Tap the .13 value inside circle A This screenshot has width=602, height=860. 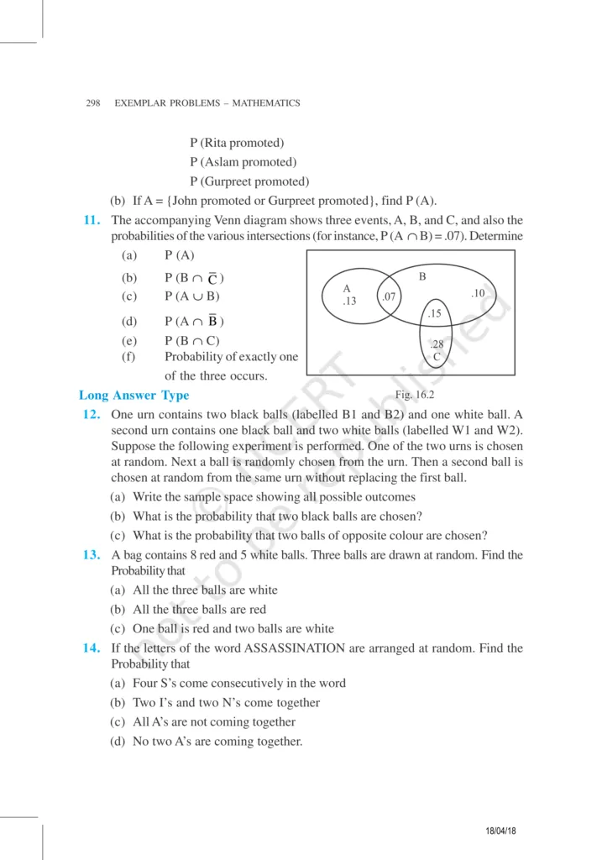pos(350,301)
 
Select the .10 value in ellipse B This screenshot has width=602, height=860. pos(478,292)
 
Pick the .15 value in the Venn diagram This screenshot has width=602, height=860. pos(434,313)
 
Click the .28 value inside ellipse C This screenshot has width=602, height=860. pos(436,344)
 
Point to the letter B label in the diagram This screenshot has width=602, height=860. pos(422,275)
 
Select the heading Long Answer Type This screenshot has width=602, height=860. pos(133,396)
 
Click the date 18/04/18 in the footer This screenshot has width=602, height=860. pos(501,831)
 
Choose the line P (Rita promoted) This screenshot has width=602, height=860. pos(237,143)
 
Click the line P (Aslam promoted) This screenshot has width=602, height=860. pos(243,162)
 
